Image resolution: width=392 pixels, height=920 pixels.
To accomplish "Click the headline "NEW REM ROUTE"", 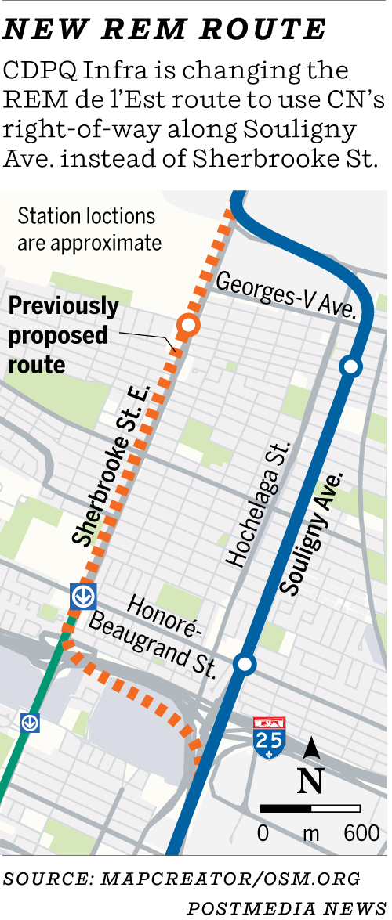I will pyautogui.click(x=165, y=29).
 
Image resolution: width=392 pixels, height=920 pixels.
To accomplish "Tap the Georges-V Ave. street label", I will pyautogui.click(x=287, y=295).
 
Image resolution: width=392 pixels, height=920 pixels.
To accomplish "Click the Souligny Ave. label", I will pyautogui.click(x=312, y=533).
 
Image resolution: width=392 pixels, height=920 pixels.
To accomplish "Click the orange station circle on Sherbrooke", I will pyautogui.click(x=188, y=324).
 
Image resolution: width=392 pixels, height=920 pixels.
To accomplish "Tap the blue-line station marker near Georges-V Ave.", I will pyautogui.click(x=350, y=366).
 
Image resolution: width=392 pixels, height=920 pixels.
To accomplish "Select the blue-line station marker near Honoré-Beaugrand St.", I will pyautogui.click(x=245, y=665).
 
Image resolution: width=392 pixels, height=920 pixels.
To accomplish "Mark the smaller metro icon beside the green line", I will pyautogui.click(x=30, y=722).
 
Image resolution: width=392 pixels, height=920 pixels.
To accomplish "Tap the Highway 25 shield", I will pyautogui.click(x=269, y=738).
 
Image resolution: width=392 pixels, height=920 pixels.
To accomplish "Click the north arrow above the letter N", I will pyautogui.click(x=311, y=749).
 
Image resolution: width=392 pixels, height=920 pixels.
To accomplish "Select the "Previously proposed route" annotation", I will pyautogui.click(x=63, y=335).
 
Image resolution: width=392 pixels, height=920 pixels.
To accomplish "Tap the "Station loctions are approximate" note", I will pyautogui.click(x=89, y=229).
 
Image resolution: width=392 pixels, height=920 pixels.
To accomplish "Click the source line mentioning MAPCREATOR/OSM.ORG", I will pyautogui.click(x=182, y=878).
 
